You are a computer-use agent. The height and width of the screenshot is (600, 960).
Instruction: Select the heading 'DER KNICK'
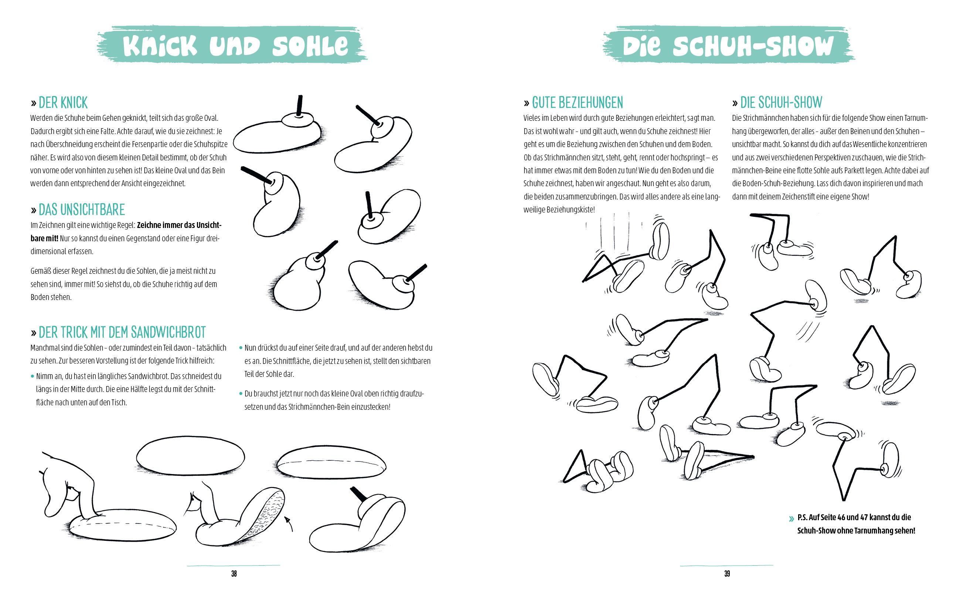(x=63, y=103)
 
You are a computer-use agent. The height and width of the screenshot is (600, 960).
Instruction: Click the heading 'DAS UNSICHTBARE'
(x=82, y=209)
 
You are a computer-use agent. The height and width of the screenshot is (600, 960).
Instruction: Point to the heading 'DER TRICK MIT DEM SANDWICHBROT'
(x=122, y=333)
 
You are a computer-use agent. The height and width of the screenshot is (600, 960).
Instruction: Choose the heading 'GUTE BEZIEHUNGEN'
(x=577, y=103)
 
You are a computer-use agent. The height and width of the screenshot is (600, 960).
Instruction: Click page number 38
(x=234, y=573)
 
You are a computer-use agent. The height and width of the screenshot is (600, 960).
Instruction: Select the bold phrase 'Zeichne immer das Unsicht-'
(x=179, y=225)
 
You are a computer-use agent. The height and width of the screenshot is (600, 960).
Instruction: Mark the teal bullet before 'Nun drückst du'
(x=241, y=348)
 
